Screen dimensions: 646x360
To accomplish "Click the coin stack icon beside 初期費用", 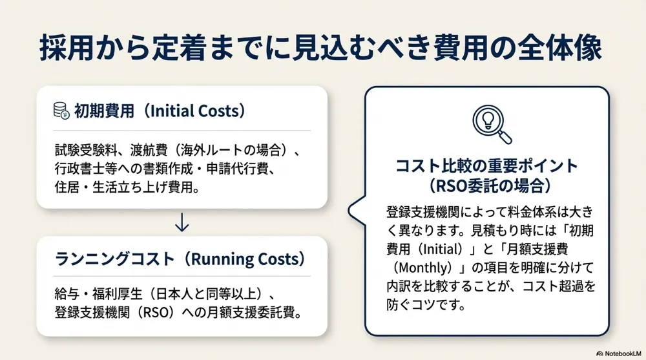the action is pyautogui.click(x=61, y=111).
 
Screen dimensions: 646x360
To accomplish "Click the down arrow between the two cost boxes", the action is pyautogui.click(x=182, y=222).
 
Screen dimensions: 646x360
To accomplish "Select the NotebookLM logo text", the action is pyautogui.click(x=619, y=354).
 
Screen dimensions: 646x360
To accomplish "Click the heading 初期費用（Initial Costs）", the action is pyautogui.click(x=160, y=111).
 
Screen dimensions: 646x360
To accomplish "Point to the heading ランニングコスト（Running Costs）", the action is pyautogui.click(x=180, y=259).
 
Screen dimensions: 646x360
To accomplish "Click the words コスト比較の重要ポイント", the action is pyautogui.click(x=486, y=165).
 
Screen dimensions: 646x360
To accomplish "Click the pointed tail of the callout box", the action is pyautogui.click(x=349, y=210).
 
